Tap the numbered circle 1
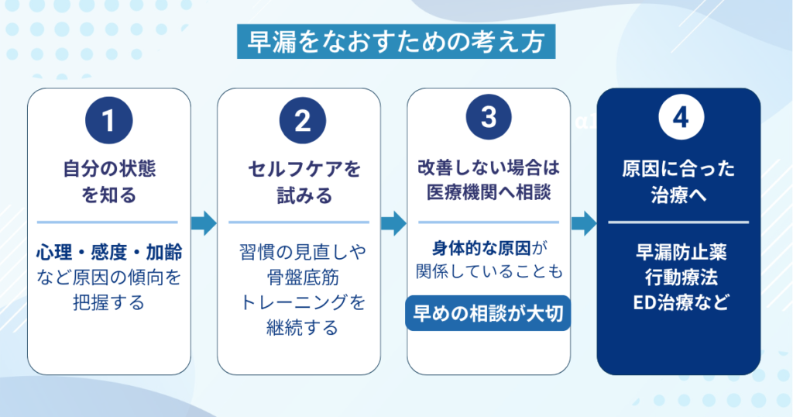click(109, 120)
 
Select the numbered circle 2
click(300, 120)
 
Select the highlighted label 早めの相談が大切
click(489, 312)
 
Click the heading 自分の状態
click(109, 169)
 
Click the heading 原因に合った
click(678, 169)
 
